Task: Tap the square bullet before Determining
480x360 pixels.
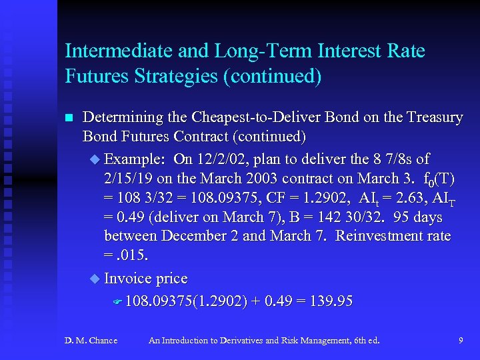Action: (x=68, y=119)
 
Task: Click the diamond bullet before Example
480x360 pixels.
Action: (x=94, y=160)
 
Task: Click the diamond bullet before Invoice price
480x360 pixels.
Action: (x=94, y=279)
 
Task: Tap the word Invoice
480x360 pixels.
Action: (x=128, y=279)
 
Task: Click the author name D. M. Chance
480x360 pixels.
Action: (x=91, y=341)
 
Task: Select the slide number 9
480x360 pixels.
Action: (x=461, y=341)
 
